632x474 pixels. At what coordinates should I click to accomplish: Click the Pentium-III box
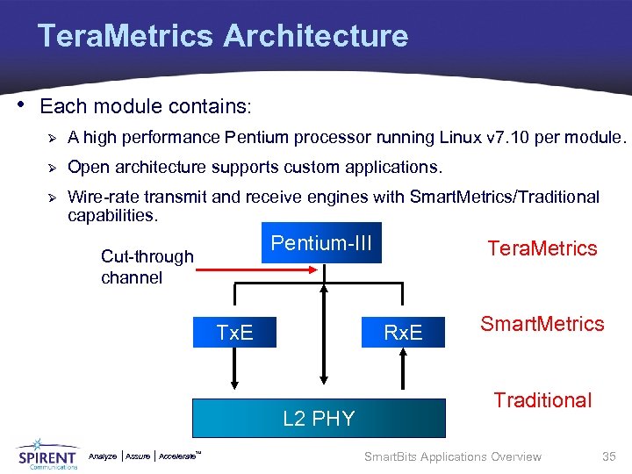coord(322,243)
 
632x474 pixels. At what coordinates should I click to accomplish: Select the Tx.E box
coord(234,332)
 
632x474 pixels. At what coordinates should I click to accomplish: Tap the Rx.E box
coord(403,332)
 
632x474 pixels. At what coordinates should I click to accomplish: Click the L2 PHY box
coord(319,418)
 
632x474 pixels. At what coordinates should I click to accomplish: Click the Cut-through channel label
coord(147,267)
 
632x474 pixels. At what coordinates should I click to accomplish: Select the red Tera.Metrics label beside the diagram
coord(542,248)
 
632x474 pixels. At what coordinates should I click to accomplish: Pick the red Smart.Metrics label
coord(542,324)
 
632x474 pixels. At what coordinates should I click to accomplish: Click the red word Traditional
coord(542,400)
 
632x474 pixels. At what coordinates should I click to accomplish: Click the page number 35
coord(608,456)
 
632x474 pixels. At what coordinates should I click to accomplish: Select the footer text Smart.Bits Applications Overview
coord(452,456)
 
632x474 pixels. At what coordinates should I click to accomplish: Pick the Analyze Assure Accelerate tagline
coord(146,456)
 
